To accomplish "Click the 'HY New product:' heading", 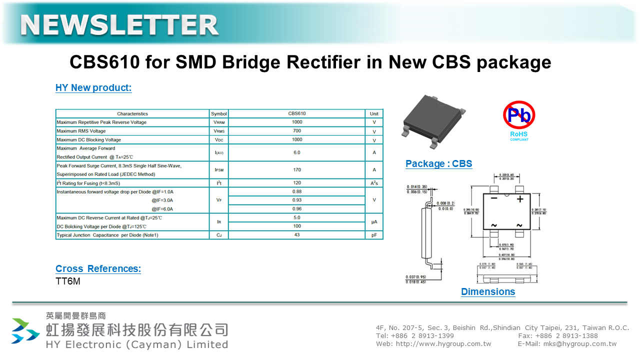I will tap(93, 88).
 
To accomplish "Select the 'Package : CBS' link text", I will tap(438, 164).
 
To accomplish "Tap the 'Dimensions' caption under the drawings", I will tap(487, 292).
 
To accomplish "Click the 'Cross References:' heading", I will tap(98, 269).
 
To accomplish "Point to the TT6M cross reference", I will tap(68, 281).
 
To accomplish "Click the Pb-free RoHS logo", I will tap(519, 120).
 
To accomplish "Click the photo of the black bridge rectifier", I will tap(434, 119).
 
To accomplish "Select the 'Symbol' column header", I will tap(218, 114).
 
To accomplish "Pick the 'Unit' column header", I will tap(374, 114).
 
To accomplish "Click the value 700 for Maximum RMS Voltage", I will tap(297, 131).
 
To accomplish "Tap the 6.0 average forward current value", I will tap(297, 152).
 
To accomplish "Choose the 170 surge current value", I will tap(297, 170).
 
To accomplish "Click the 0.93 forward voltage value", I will tap(297, 200).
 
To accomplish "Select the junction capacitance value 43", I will tap(297, 235).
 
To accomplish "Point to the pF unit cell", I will tap(374, 235).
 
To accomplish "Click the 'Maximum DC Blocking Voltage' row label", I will tap(89, 140).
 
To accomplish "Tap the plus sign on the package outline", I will tap(519, 199).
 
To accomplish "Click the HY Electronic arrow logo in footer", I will tap(25, 331).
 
